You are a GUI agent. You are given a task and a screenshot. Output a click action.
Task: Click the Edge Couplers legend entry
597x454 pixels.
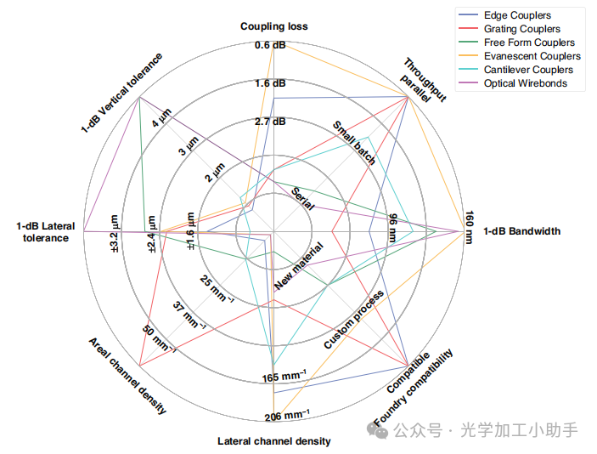pos(516,15)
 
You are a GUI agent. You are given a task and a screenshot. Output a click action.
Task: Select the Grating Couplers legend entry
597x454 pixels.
pos(521,29)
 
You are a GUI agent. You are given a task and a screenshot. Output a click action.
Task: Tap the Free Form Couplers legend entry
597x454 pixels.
pos(528,43)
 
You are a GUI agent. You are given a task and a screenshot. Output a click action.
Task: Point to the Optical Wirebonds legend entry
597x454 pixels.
pos(525,83)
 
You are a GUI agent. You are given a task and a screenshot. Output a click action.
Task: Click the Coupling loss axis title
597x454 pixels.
pos(273,26)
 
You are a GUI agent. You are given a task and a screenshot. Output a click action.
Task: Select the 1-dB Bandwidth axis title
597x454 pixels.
pos(521,231)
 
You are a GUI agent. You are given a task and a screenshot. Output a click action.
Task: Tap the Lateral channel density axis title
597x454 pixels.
pos(273,441)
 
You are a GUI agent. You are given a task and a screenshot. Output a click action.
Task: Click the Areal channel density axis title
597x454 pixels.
pos(127,375)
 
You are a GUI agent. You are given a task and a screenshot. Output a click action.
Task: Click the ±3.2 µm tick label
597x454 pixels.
pos(114,227)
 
